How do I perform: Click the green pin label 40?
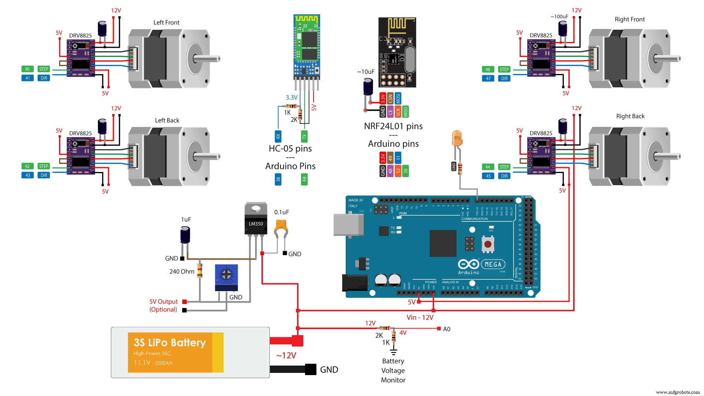(27, 69)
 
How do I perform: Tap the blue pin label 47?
(488, 78)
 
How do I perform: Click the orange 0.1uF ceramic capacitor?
(281, 226)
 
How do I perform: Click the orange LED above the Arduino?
(457, 139)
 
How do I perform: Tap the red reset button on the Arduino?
(488, 244)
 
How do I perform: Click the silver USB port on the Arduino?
(348, 224)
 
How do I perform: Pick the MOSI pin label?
(398, 98)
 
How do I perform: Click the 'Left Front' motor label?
(166, 23)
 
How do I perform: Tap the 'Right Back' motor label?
(630, 116)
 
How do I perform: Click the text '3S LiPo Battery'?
(170, 342)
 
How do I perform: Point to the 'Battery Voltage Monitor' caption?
(393, 370)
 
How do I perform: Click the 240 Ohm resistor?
(200, 271)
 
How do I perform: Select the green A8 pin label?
(304, 179)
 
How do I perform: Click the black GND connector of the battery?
(310, 369)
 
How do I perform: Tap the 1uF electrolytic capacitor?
(185, 235)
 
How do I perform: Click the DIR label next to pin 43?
(44, 175)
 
